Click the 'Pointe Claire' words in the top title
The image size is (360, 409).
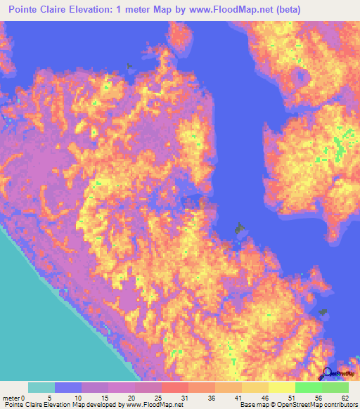click(35, 10)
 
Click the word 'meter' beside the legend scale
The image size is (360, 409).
click(9, 397)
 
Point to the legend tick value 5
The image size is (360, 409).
click(55, 397)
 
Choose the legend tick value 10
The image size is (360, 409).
click(82, 397)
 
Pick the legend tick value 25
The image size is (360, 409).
click(162, 397)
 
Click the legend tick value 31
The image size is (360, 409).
click(188, 397)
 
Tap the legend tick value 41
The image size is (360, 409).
click(242, 397)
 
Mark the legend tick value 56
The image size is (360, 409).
click(322, 397)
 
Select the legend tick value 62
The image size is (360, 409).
click(348, 397)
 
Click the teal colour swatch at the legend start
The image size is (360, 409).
click(41, 387)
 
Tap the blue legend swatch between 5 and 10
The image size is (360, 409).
click(68, 387)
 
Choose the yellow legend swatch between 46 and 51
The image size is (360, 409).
click(282, 387)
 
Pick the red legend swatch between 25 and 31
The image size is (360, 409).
click(175, 387)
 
